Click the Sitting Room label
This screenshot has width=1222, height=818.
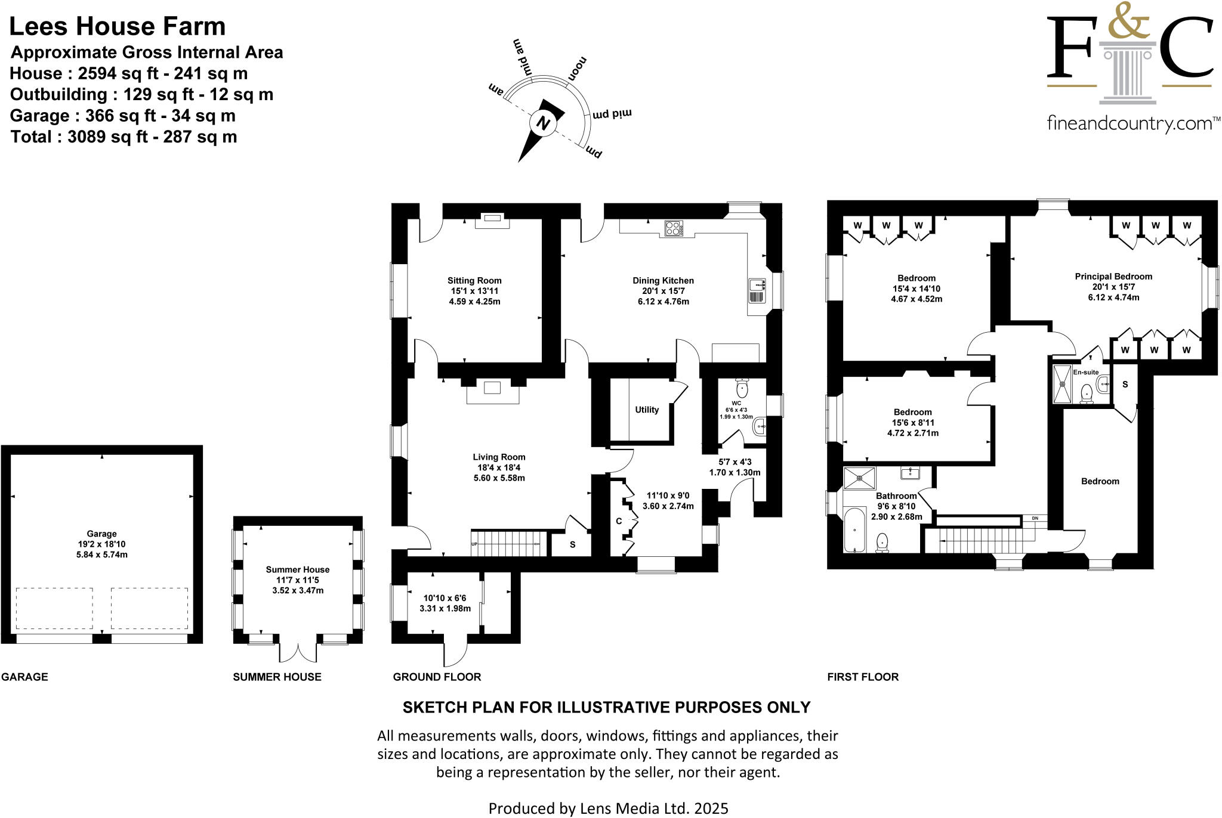(x=474, y=281)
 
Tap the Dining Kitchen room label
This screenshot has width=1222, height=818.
(x=663, y=281)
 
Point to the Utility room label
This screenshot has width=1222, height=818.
(x=647, y=410)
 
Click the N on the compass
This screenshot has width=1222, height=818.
(x=543, y=123)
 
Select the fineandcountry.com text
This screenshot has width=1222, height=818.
(x=1130, y=124)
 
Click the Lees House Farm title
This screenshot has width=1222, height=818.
(x=118, y=26)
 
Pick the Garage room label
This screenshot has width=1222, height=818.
(x=101, y=534)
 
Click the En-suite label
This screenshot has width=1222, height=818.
(x=1086, y=372)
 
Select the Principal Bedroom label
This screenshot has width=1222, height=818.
(x=1113, y=277)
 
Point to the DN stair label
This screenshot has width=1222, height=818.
(x=1035, y=518)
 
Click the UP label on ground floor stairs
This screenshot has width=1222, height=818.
(x=475, y=544)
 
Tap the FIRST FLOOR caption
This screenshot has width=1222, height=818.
(x=863, y=677)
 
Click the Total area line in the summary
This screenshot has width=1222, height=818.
(x=124, y=137)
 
